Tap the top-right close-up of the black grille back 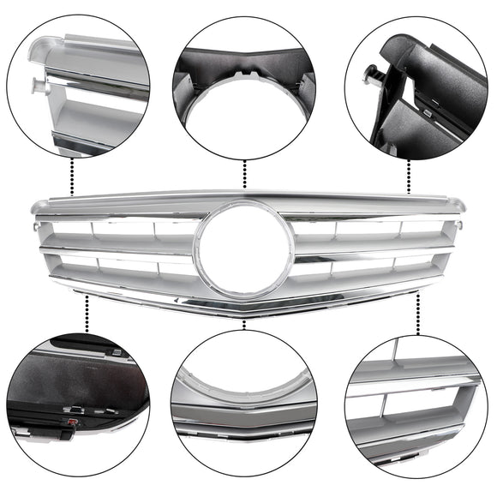point(416,86)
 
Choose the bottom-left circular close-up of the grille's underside point(79,403)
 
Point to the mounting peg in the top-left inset point(37,85)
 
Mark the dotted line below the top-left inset point(73,177)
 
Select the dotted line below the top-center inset point(245,175)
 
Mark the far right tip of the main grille point(465,206)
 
